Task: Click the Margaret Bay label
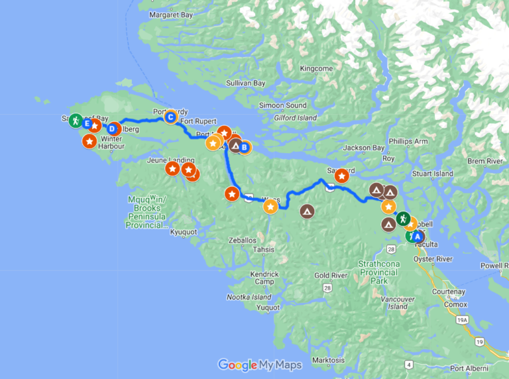170,14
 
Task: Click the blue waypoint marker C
170,118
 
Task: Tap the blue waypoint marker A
417,236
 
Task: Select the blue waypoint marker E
87,123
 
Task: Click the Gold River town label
331,275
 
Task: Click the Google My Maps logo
260,364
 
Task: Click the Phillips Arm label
409,142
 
